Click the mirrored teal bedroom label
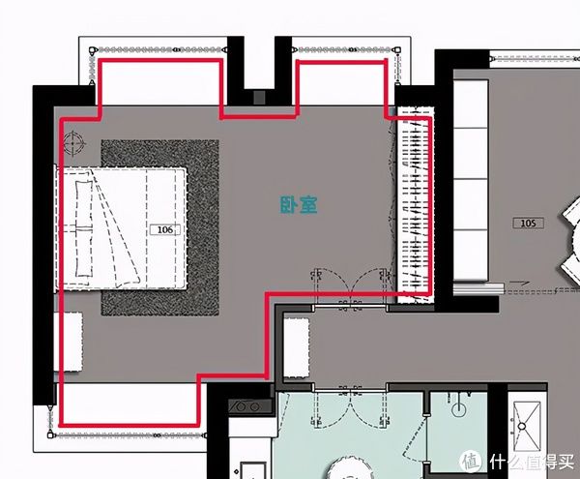pyautogui.click(x=299, y=205)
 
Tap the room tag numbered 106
pyautogui.click(x=165, y=230)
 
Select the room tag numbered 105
pyautogui.click(x=528, y=224)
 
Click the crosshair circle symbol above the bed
pyautogui.click(x=72, y=142)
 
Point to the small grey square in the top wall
pyautogui.click(x=259, y=98)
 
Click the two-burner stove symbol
pyautogui.click(x=246, y=406)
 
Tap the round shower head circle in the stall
pyautogui.click(x=459, y=408)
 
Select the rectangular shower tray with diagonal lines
pyautogui.click(x=527, y=428)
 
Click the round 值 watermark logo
pyautogui.click(x=471, y=462)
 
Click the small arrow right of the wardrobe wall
pyautogui.click(x=520, y=284)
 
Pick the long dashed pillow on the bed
pyautogui.click(x=83, y=228)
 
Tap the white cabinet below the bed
pyautogui.click(x=68, y=342)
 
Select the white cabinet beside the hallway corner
pyautogui.click(x=297, y=348)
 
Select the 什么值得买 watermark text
pyautogui.click(x=532, y=462)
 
